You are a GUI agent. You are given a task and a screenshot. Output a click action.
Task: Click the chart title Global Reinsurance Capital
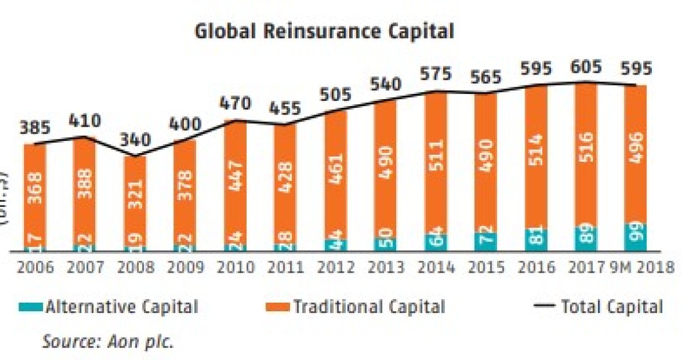pyautogui.click(x=324, y=31)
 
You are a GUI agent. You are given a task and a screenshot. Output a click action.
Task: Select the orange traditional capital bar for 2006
pyautogui.click(x=35, y=195)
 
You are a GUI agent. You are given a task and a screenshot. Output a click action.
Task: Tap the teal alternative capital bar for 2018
pyautogui.click(x=636, y=237)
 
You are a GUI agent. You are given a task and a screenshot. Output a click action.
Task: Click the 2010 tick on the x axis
pyautogui.click(x=235, y=268)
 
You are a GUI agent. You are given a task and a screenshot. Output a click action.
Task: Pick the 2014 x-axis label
pyautogui.click(x=435, y=268)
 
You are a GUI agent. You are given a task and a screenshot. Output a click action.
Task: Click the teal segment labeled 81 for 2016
pyautogui.click(x=535, y=240)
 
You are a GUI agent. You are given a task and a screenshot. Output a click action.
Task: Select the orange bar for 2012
pyautogui.click(x=335, y=175)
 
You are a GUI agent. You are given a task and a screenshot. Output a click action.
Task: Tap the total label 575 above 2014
pyautogui.click(x=435, y=75)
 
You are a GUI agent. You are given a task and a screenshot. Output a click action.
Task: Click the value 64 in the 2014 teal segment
pyautogui.click(x=435, y=242)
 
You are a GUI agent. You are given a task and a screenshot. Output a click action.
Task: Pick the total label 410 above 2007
pyautogui.click(x=84, y=121)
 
